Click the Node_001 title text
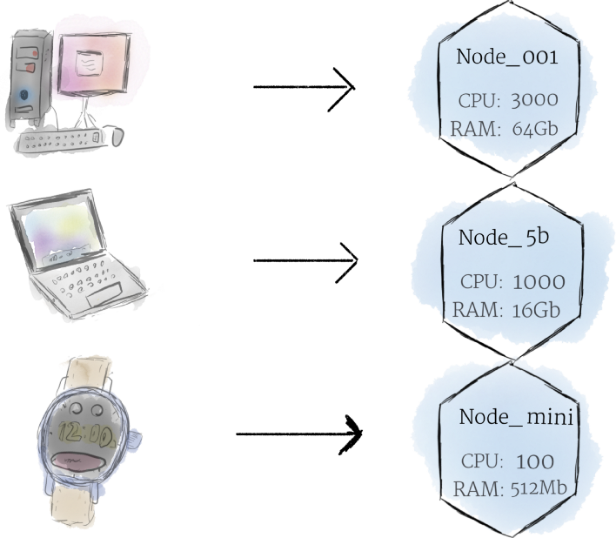pos(506,58)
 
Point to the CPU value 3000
pos(529,100)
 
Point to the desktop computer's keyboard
pos(65,140)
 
